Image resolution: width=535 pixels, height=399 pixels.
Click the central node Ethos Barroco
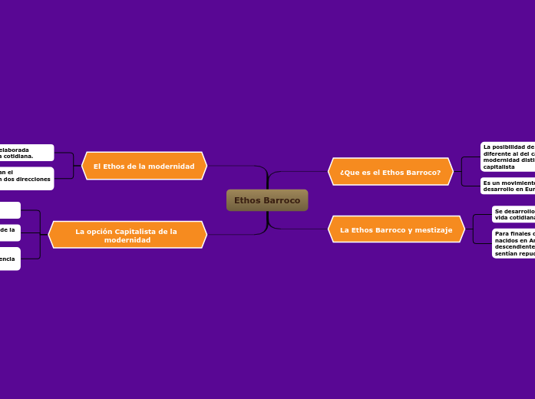point(267,200)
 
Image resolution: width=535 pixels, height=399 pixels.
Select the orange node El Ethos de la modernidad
point(144,166)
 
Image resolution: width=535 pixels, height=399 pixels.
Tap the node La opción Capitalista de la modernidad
point(127,235)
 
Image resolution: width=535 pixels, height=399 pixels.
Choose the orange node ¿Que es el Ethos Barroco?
point(391,172)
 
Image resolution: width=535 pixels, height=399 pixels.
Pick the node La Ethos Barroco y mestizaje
point(396,229)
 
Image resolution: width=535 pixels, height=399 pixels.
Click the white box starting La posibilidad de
point(507,157)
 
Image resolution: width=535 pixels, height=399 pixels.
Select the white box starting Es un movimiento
point(507,186)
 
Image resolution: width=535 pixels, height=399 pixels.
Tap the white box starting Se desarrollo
point(513,214)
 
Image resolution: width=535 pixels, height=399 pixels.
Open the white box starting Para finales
point(513,243)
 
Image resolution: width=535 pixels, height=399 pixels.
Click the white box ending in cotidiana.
point(26,153)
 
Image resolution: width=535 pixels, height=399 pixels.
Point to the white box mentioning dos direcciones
point(26,178)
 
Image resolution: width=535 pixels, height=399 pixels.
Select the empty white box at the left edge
point(9,210)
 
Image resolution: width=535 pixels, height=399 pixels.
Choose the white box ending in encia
point(9,259)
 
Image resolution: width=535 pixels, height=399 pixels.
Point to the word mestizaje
point(435,229)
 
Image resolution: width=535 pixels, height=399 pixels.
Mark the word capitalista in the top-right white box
point(499,167)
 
